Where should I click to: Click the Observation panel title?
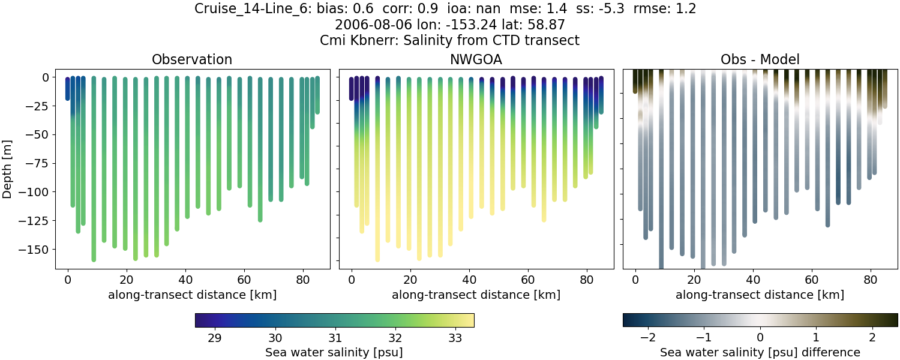coord(191,59)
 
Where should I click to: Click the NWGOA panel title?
coord(476,59)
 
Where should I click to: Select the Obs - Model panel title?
coord(760,59)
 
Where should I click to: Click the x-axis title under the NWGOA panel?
coord(476,295)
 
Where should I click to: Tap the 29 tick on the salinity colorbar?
coord(214,337)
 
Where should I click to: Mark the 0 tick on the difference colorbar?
coord(760,337)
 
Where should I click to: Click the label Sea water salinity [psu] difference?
coord(760,352)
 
